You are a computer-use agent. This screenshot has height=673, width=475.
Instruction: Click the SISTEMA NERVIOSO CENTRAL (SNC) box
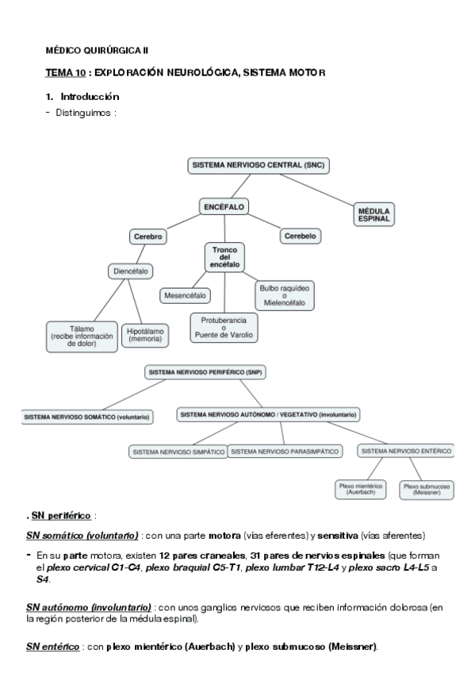click(x=258, y=166)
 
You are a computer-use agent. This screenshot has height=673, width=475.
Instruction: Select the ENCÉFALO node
click(x=224, y=207)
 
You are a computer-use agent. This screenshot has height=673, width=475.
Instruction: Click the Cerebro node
click(x=148, y=237)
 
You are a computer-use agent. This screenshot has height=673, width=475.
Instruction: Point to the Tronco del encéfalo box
click(x=224, y=257)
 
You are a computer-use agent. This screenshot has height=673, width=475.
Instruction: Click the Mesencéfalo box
click(x=186, y=295)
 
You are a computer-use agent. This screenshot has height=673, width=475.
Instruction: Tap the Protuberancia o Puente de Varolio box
click(x=224, y=327)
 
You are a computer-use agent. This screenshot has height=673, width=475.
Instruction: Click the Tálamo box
click(x=82, y=334)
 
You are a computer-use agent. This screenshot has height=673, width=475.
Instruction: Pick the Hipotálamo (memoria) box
click(x=144, y=334)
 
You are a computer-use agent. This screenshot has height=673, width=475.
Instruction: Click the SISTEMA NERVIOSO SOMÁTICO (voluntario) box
click(x=87, y=417)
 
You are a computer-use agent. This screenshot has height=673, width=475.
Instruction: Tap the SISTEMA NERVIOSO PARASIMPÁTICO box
click(x=285, y=451)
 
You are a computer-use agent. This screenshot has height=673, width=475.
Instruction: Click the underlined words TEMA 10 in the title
click(x=66, y=73)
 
